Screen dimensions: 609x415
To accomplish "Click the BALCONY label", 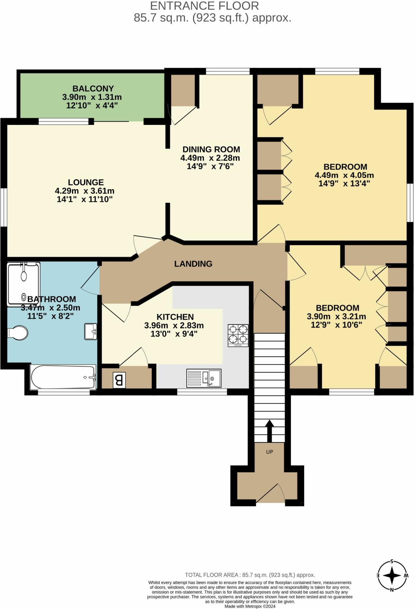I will point(93,89).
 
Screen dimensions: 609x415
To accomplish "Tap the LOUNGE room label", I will point(86,182).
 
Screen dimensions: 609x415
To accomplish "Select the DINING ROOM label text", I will point(211,149).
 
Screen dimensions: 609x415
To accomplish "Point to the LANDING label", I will point(193,264).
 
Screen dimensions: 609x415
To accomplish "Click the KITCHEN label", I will point(175,317).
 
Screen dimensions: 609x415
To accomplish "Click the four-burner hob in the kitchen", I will point(238,335).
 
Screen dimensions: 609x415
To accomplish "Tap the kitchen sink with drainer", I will point(204,378).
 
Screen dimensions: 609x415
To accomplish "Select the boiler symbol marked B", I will point(119,380).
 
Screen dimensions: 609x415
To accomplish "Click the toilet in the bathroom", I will point(18,333).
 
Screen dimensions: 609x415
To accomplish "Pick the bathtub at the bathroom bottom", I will point(63,377).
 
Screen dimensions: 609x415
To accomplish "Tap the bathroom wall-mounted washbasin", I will point(91,331).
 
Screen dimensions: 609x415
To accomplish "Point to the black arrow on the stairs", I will point(269,431).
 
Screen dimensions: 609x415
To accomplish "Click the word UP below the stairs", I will point(269,452).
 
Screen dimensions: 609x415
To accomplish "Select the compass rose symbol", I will point(392,575).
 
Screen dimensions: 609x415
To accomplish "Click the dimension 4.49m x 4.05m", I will point(344,175).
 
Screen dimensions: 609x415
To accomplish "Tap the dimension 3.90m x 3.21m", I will point(336,316).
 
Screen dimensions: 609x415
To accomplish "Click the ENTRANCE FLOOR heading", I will point(204,6).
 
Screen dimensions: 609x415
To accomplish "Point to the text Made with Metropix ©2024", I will point(250,606).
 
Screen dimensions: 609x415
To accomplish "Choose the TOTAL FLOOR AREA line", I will point(250,575).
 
